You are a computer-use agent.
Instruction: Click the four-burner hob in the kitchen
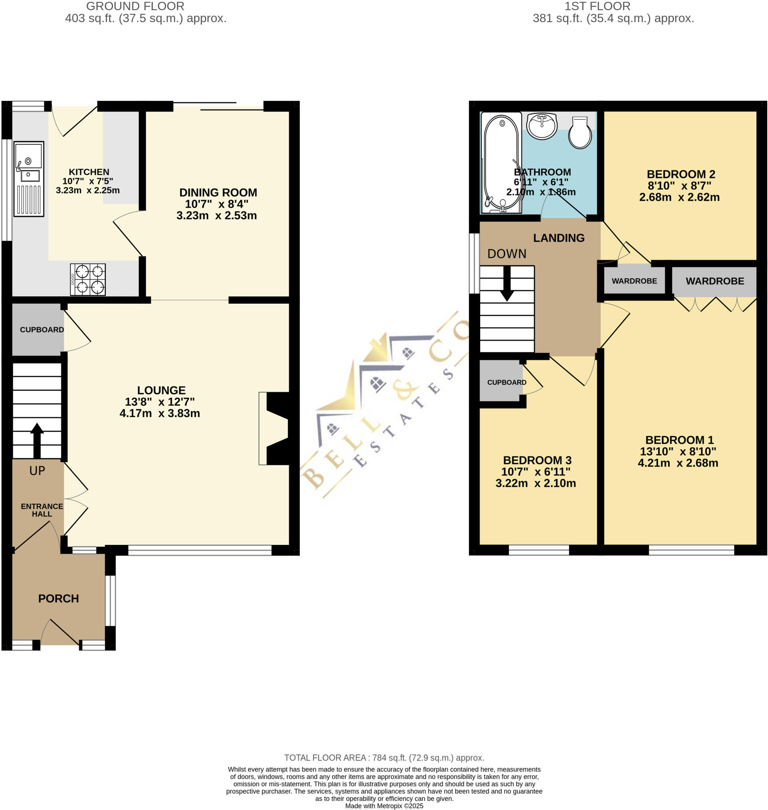pyautogui.click(x=88, y=279)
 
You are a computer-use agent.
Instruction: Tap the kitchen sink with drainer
pyautogui.click(x=28, y=179)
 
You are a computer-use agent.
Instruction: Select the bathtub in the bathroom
pyautogui.click(x=501, y=162)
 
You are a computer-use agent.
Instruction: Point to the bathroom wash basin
pyautogui.click(x=542, y=126)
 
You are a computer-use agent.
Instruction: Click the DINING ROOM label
pyautogui.click(x=218, y=193)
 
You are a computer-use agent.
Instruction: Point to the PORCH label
pyautogui.click(x=58, y=598)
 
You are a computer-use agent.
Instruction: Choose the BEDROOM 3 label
pyautogui.click(x=537, y=460)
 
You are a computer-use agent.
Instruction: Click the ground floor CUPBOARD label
pyautogui.click(x=42, y=330)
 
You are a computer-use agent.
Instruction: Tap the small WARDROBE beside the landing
pyautogui.click(x=634, y=281)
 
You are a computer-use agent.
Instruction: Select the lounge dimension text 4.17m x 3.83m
pyautogui.click(x=160, y=413)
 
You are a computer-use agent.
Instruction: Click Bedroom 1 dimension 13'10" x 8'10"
pyautogui.click(x=678, y=452)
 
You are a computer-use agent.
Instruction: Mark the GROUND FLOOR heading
pyautogui.click(x=135, y=7)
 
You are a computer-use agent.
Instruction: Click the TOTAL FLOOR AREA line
pyautogui.click(x=384, y=757)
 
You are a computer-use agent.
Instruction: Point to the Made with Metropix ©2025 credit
pyautogui.click(x=384, y=806)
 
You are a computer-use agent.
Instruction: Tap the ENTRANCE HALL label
pyautogui.click(x=42, y=510)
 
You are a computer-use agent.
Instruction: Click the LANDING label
pyautogui.click(x=559, y=238)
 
